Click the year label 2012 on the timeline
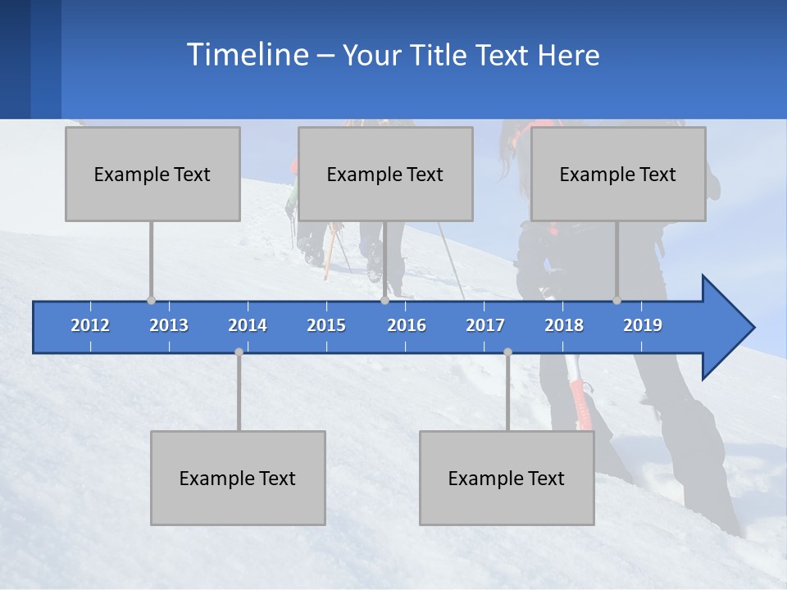coord(90,325)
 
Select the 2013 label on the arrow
coord(169,325)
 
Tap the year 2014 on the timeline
coord(248,325)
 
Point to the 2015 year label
coord(326,325)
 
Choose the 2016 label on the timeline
coord(407,325)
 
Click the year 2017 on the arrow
coord(485,325)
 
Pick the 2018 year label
coord(564,325)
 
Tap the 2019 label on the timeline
coord(643,325)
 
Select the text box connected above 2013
coord(152,174)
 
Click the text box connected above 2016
coord(385,174)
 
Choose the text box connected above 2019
coord(618,174)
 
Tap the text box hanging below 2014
coord(238,478)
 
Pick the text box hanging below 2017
coord(507,478)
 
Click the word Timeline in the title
coord(247,54)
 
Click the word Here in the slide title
coord(569,56)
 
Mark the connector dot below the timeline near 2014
coord(239,352)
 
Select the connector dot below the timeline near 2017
coord(507,352)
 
